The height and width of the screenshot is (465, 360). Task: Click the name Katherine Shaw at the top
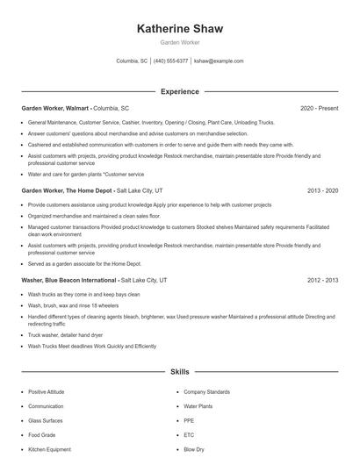tap(180, 29)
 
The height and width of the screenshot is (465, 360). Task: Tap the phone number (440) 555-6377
tap(171, 61)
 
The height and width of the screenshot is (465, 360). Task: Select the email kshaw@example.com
tap(219, 61)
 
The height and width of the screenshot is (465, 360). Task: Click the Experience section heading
tap(180, 91)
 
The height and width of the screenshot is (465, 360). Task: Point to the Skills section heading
tap(180, 372)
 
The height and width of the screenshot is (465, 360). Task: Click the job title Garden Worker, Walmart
tap(55, 108)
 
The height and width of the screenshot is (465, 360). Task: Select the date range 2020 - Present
tap(319, 108)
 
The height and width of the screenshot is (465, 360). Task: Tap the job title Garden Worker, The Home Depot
tap(67, 190)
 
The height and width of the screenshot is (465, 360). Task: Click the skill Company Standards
tap(206, 392)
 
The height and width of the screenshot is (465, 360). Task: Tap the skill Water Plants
tap(198, 406)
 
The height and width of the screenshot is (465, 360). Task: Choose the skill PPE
tap(188, 420)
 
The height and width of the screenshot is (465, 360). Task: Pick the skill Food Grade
tap(40, 434)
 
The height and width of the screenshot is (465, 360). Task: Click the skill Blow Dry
tap(193, 448)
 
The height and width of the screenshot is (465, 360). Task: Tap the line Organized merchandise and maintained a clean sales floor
tap(94, 215)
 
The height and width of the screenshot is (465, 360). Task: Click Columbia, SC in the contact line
tap(133, 61)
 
